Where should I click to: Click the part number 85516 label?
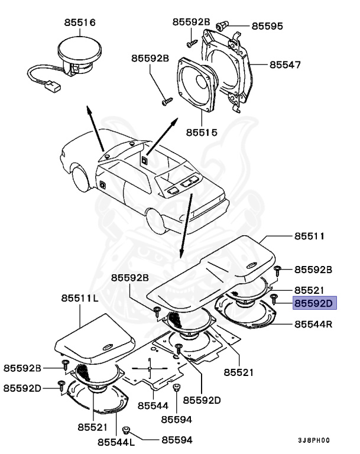(x=80, y=23)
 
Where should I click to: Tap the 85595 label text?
(x=267, y=26)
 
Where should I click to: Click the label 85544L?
(x=116, y=442)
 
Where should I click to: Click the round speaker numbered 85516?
(x=80, y=54)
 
